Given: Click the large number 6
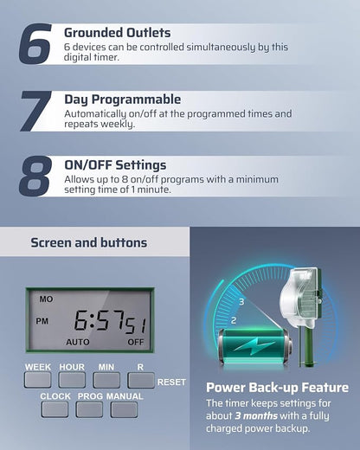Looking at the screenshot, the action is [x=35, y=44].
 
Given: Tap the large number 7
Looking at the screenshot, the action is [x=35, y=111].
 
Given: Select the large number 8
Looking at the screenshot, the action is [x=35, y=176].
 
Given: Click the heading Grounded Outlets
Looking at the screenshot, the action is [x=117, y=33].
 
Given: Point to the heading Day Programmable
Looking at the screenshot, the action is [x=123, y=100].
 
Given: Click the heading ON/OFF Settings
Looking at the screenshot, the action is [x=115, y=165].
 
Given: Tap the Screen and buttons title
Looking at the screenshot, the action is [x=89, y=242].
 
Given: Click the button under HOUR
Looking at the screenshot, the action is [x=72, y=380].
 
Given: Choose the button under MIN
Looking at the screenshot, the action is [x=106, y=380].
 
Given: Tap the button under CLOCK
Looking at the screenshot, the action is [x=55, y=409].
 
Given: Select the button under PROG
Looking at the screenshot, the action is [x=89, y=409].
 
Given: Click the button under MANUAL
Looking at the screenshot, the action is [x=124, y=409].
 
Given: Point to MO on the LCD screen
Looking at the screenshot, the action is [x=46, y=299].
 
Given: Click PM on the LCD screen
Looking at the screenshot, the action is [x=42, y=321].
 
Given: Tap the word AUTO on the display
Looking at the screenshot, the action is [x=78, y=342].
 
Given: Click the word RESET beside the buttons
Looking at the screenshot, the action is [x=171, y=382].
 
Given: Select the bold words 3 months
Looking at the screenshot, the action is [x=256, y=415].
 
